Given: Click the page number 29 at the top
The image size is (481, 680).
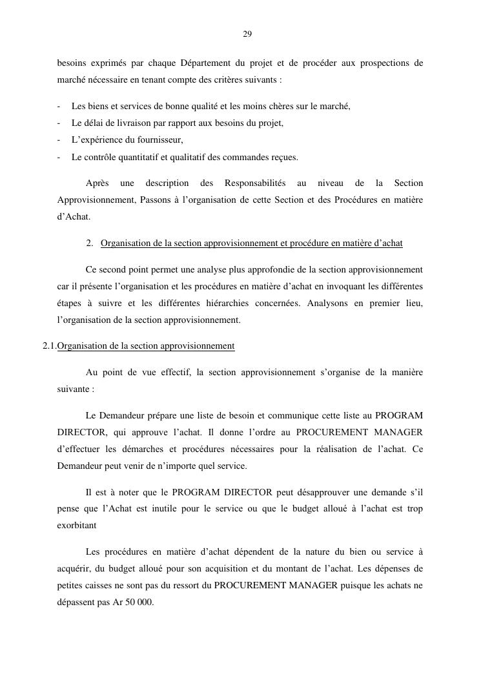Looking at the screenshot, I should tap(247, 34).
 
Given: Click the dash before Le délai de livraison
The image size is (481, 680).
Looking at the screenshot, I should tap(59, 123).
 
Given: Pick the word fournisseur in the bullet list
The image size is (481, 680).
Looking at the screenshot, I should tap(159, 139).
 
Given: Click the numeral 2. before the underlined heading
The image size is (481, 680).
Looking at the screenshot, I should tap(90, 243).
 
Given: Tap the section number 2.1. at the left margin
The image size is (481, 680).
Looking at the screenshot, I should tap(49, 346).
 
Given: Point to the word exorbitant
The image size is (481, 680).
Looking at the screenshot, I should tap(76, 526).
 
